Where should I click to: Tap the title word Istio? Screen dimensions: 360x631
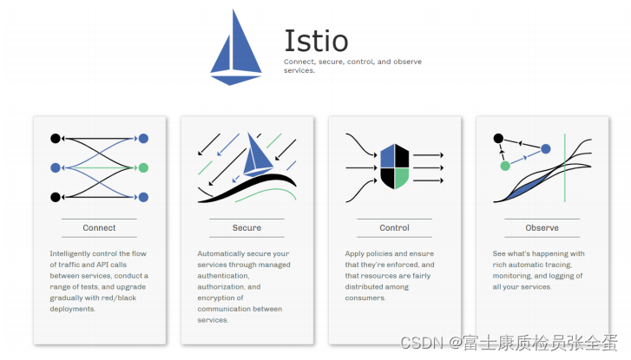pos(316,41)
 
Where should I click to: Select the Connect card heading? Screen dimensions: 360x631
pos(99,228)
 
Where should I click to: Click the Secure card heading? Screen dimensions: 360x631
pos(246,228)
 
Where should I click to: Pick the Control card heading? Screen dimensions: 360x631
pos(394,228)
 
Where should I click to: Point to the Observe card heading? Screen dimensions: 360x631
pos(542,228)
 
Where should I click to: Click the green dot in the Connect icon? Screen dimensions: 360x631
pos(143,167)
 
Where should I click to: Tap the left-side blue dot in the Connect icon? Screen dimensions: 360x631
pos(56,167)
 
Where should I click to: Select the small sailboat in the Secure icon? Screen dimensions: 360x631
pos(258,155)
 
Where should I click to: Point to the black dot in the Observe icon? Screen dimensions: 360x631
pos(498,138)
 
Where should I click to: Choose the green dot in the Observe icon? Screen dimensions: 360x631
pos(505,165)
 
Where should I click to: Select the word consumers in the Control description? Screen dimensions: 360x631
pos(365,297)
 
